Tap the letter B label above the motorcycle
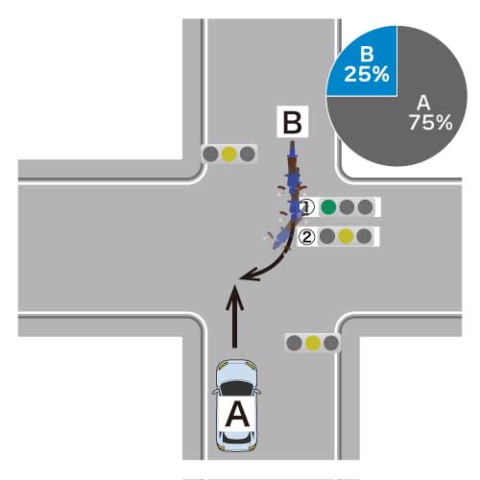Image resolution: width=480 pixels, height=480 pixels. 293,122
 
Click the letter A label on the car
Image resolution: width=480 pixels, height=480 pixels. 237,415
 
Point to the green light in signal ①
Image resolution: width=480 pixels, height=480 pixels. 328,207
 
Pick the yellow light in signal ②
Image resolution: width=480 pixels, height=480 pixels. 346,236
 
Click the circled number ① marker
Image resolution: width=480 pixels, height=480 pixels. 307,207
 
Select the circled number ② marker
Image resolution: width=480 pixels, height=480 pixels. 307,237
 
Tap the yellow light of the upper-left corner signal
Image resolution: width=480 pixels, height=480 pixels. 229,155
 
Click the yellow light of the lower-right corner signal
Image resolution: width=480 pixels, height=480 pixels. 313,343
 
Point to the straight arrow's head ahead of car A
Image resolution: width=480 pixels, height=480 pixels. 235,298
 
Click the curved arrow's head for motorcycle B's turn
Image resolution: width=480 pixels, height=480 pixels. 249,276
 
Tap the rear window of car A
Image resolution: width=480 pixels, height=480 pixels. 236,438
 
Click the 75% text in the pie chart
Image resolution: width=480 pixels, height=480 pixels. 431,122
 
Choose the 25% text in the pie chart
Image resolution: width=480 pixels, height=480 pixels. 367,74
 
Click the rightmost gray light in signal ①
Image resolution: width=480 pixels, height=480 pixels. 366,207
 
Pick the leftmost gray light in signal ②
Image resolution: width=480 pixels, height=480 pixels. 327,236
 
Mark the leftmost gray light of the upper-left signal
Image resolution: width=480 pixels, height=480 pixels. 210,155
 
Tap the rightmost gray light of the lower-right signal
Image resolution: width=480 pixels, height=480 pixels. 331,343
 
